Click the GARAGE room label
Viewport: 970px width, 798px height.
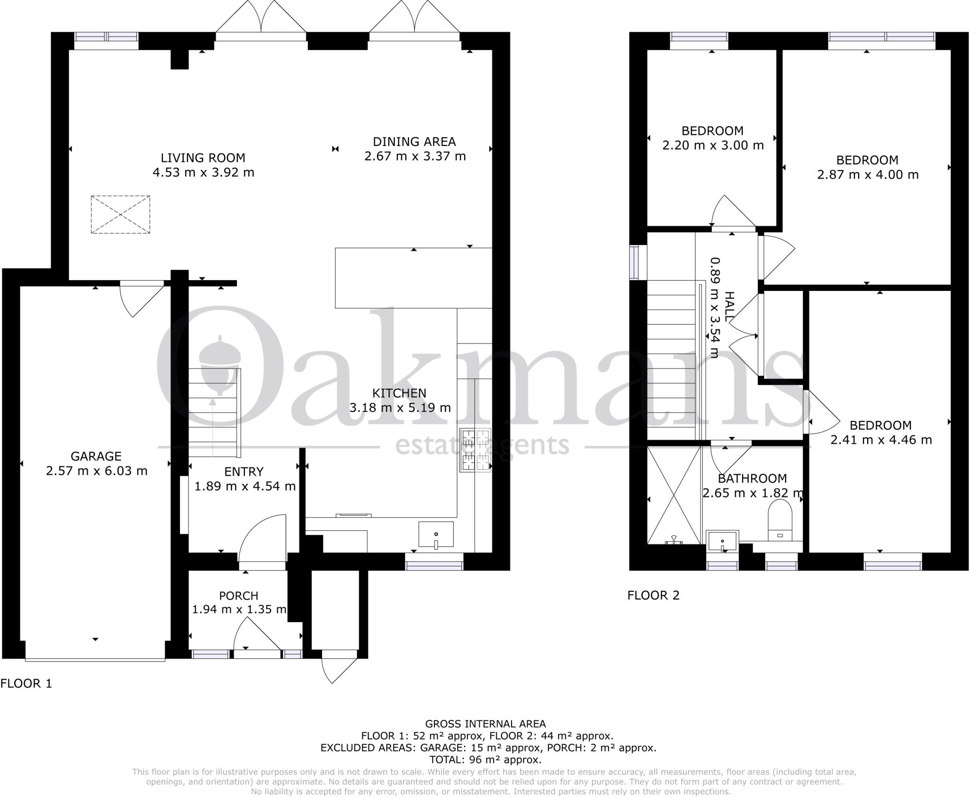coord(96,456)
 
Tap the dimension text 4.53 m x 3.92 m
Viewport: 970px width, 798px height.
coord(203,172)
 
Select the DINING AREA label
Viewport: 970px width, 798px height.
coord(414,142)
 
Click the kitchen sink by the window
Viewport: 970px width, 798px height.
coord(436,535)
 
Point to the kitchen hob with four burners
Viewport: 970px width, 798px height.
coord(475,450)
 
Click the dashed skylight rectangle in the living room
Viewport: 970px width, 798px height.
coord(120,215)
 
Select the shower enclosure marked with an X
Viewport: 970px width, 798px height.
coord(674,496)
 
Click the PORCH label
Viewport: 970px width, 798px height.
coord(239,596)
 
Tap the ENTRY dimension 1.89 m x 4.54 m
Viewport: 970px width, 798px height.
coord(245,486)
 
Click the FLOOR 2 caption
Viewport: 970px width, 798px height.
coord(653,595)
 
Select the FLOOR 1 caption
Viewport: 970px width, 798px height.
coord(26,683)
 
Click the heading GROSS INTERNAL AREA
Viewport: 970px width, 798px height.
coord(485,724)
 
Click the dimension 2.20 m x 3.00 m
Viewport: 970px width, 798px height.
coord(712,145)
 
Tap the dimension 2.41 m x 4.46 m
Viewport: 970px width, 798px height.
coord(880,440)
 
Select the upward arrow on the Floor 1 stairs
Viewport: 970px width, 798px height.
coord(213,403)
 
